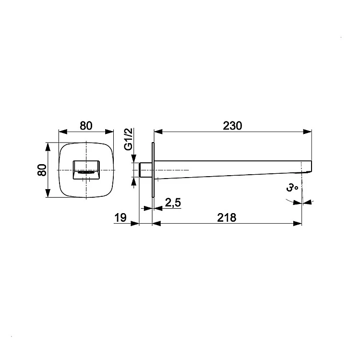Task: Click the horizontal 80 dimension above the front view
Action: pyautogui.click(x=86, y=126)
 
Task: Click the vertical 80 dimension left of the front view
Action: pyautogui.click(x=42, y=170)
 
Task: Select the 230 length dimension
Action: pyautogui.click(x=232, y=126)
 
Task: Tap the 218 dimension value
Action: pyautogui.click(x=227, y=217)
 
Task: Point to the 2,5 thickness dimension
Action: pyautogui.click(x=173, y=203)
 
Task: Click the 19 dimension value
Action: pyautogui.click(x=120, y=217)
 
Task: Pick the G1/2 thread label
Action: pyautogui.click(x=129, y=139)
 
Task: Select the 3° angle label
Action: pyautogui.click(x=292, y=188)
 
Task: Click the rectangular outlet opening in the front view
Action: pyautogui.click(x=86, y=170)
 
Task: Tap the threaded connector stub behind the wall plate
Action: pyautogui.click(x=145, y=170)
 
